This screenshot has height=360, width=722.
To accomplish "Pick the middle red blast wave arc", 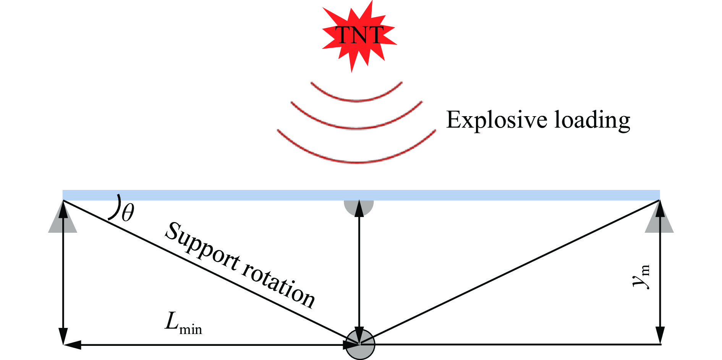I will point(357,127).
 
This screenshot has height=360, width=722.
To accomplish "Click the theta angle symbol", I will point(128,213).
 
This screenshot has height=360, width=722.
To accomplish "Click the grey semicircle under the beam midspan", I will point(358,206).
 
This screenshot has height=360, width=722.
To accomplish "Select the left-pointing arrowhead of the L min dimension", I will point(72,345).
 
